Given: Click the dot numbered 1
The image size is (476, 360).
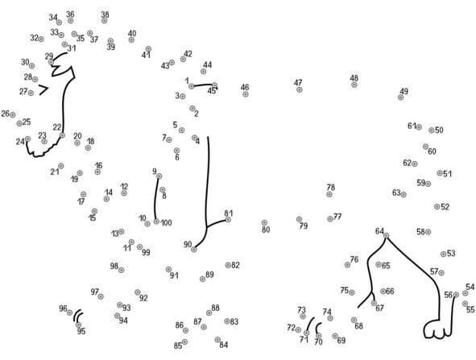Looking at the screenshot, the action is tap(191, 86).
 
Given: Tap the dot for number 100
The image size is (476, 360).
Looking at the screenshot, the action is tap(156, 221).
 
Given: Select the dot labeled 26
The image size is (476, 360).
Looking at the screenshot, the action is tap(12, 114).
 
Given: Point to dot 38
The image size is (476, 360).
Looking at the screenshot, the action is tap(105, 21).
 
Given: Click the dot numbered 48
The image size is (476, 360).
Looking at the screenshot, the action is tap(354, 85).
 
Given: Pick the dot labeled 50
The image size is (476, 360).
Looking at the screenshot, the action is tap(432, 130).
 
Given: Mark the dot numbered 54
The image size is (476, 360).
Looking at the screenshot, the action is tap(465, 293).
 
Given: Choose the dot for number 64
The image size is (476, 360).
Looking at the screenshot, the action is tap(386, 235).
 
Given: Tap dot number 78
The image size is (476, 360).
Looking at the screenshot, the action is tap(329, 194).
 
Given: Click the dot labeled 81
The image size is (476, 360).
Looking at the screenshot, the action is tap(228, 219).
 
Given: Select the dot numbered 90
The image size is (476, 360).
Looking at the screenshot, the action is tap(194, 249).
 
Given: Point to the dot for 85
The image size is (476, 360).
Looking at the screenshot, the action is tap(184, 342).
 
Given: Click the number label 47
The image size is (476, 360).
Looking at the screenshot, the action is tap(298, 83).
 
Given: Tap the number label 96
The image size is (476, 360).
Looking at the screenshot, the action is tap(63, 308).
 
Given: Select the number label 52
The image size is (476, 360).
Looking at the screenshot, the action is tap(445, 207).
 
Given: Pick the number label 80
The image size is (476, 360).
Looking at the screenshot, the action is tap(266, 230).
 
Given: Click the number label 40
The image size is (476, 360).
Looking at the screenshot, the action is tap(132, 33).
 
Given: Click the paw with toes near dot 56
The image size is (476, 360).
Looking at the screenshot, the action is tap(436, 329).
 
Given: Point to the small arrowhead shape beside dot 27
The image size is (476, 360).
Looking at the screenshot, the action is tap(44, 90).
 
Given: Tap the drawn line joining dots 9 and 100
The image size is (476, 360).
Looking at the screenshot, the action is tap(155, 199).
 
